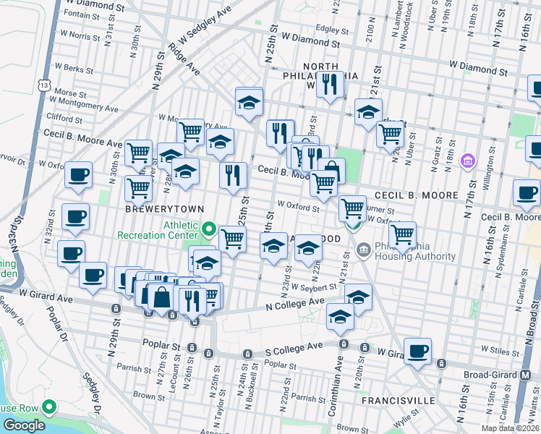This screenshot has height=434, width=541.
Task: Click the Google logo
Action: [x=23, y=425]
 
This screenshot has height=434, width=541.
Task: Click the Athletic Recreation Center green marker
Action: [x=210, y=230]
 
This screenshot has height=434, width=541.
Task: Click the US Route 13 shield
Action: [x=46, y=85]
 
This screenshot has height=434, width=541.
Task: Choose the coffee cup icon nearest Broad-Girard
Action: [x=417, y=351]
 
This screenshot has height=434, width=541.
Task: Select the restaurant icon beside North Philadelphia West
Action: [x=330, y=84]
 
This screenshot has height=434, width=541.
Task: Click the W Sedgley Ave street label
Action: [x=205, y=25]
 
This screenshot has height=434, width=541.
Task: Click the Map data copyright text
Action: [x=510, y=428]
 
